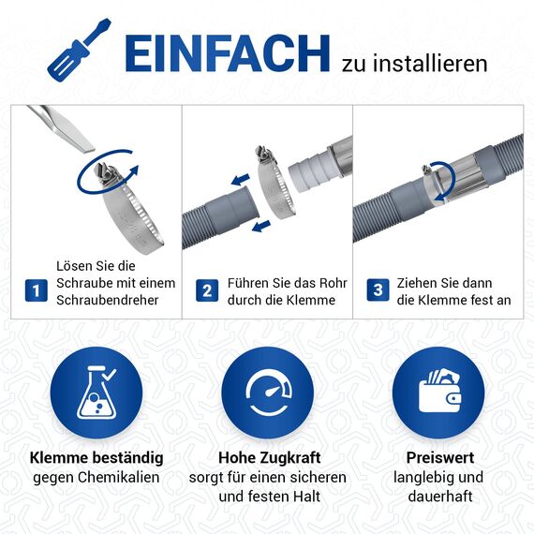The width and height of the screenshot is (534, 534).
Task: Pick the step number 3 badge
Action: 378,290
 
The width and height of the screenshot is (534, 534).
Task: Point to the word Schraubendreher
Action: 108,300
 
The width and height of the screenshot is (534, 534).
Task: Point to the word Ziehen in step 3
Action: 418,282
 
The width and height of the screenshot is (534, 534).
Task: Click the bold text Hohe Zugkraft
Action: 269,458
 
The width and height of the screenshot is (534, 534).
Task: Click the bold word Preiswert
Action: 439,458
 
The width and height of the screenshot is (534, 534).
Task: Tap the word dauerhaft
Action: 439,496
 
